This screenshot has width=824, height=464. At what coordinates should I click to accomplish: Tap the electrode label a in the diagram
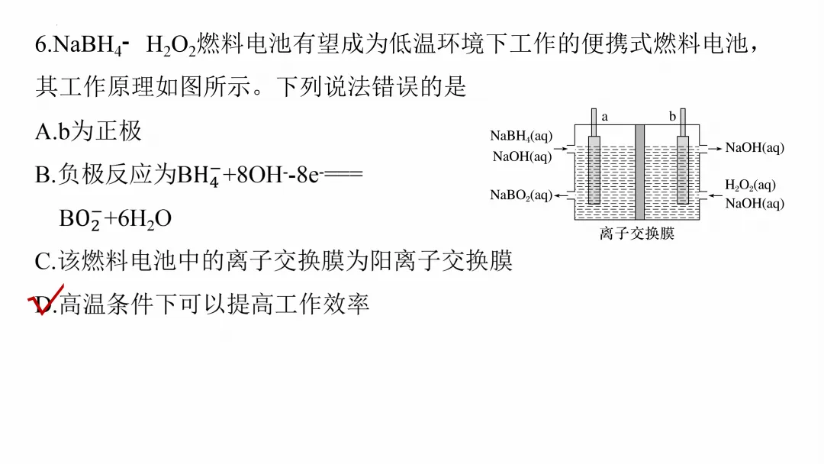tap(605, 117)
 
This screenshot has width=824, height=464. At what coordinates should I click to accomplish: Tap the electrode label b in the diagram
tap(671, 117)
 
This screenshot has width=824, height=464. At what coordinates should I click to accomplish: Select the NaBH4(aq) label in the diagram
tap(521, 137)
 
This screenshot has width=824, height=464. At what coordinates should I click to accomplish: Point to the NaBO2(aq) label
tap(521, 195)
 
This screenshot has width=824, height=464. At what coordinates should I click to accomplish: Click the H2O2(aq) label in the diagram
tap(750, 185)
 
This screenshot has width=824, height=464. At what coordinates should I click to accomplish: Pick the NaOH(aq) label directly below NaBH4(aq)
tap(523, 156)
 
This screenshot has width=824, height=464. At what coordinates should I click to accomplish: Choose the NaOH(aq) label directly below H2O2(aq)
tap(754, 203)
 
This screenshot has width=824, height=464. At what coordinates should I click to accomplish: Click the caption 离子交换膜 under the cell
tap(637, 234)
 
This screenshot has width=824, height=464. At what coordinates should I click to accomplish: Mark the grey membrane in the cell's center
tap(639, 171)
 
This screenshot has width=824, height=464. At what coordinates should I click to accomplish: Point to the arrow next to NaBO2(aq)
tap(563, 196)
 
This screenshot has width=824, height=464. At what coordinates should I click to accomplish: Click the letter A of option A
tap(43, 131)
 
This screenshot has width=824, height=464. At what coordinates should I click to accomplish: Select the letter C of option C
tap(43, 262)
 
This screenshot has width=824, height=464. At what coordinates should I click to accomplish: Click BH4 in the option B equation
tap(197, 175)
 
